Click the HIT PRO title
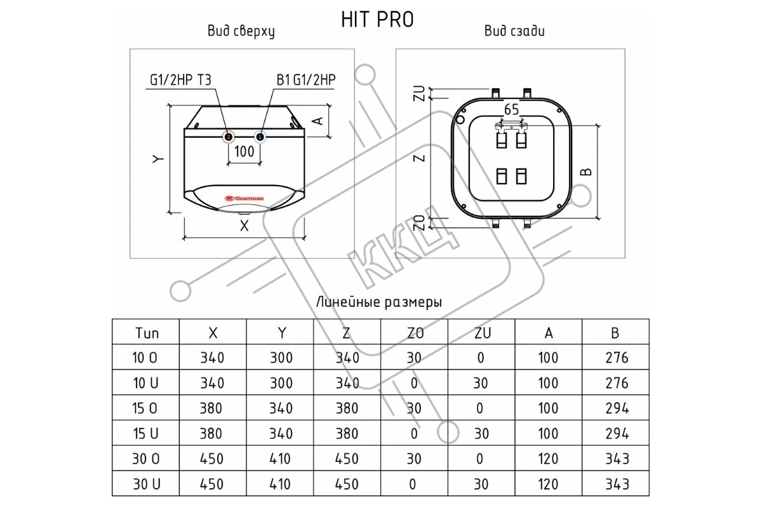coord(377,20)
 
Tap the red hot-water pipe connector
coord(229,137)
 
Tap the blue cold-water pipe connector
coord(260,137)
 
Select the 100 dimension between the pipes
coord(244,151)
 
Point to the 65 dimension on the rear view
coord(512,110)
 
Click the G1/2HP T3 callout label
coord(180,80)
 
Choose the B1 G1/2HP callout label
coord(306,80)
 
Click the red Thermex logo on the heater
coord(244,198)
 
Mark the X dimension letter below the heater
coord(244,226)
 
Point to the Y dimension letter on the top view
coord(158,159)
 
